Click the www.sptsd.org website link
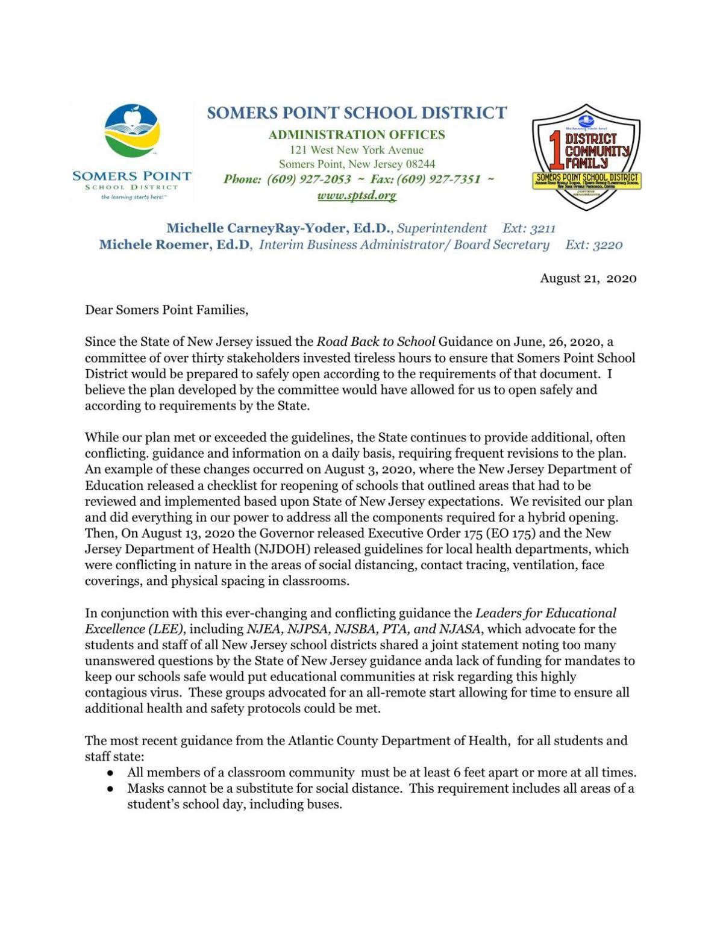(357, 195)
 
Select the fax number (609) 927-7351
(439, 179)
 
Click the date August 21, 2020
(587, 278)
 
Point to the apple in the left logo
(136, 114)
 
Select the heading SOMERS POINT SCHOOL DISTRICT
(357, 113)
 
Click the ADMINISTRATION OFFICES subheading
(357, 134)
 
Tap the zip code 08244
(420, 164)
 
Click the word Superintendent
(442, 228)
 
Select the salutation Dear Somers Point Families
(166, 310)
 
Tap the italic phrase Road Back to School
(375, 342)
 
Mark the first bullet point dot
(110, 773)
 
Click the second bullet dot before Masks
(110, 788)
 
